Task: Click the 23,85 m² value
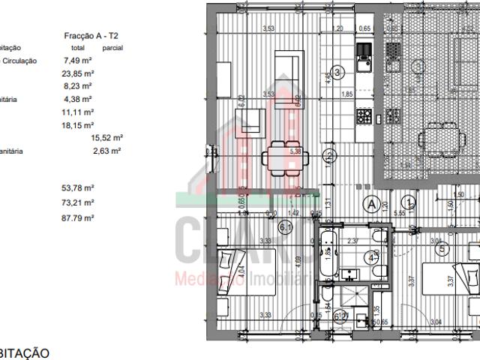coord(78,74)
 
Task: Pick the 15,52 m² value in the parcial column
coord(106,138)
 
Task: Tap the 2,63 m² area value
coord(106,151)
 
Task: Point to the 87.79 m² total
coord(78,217)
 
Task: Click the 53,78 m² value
coord(78,188)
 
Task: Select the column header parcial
coord(113,48)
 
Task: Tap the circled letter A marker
coord(370,203)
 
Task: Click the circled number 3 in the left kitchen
coord(339,73)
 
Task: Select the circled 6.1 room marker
coord(285,226)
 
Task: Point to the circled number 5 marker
coord(442,247)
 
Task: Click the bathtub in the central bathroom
coord(328,254)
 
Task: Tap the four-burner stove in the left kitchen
coord(364,115)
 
